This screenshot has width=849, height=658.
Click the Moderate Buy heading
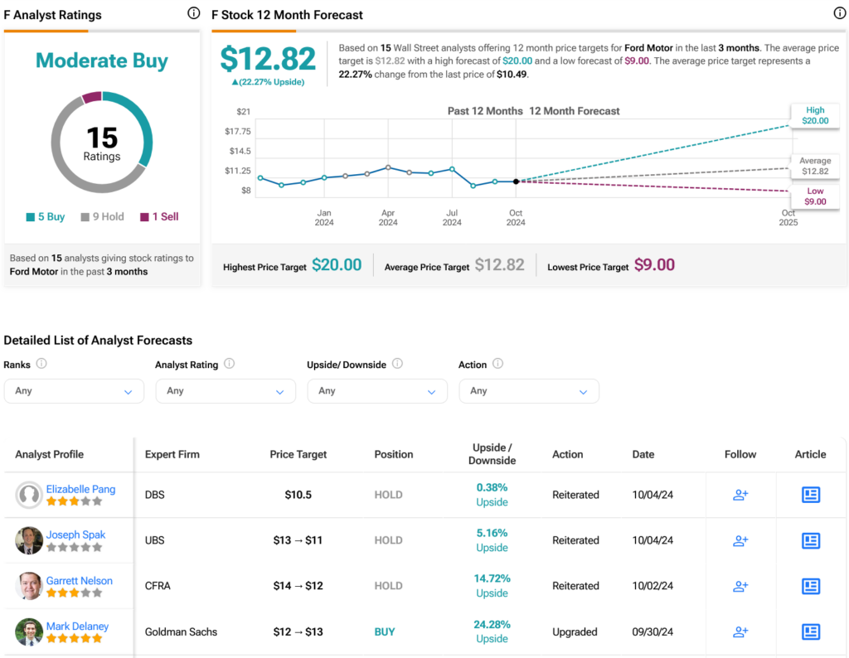[x=102, y=61]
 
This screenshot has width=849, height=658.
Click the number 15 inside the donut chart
[x=102, y=137]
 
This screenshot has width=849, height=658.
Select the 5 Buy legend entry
[x=46, y=217]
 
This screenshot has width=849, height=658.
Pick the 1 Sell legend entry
[x=159, y=217]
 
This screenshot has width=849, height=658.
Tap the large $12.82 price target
[x=268, y=59]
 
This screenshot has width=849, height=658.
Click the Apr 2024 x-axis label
[x=388, y=217]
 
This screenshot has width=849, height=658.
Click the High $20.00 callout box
[x=814, y=115]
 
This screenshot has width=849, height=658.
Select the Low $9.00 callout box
[x=814, y=196]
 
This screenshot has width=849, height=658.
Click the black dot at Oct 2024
[x=516, y=181]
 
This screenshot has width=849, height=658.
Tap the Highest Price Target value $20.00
[x=337, y=265]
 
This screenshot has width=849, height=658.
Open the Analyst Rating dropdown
[x=226, y=391]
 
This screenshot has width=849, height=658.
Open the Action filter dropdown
[x=529, y=391]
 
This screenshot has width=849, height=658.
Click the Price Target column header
[x=298, y=454]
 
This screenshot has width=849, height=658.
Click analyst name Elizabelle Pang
[x=80, y=489]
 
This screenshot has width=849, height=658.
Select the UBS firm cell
[x=155, y=540]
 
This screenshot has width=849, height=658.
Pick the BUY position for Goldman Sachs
[x=385, y=631]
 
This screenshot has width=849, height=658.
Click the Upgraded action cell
[x=575, y=631]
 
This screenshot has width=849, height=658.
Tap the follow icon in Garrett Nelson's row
[x=740, y=586]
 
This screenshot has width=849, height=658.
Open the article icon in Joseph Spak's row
[x=810, y=540]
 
